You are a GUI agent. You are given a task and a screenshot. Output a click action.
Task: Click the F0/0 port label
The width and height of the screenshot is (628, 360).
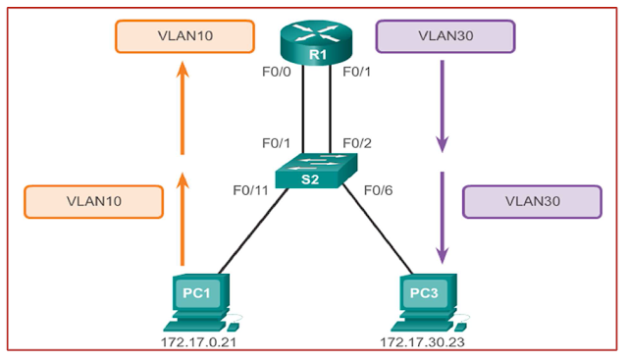[278, 73]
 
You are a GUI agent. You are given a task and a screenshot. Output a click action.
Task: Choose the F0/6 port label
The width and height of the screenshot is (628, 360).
[378, 189]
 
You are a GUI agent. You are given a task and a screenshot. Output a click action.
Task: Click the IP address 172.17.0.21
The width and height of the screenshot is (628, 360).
[199, 343]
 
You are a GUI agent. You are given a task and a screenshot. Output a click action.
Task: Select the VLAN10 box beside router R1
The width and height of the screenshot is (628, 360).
[183, 38]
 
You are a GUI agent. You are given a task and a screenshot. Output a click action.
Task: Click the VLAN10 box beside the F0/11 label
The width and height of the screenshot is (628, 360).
[93, 201]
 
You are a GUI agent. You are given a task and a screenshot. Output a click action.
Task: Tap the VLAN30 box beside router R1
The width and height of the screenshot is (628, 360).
[443, 38]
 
